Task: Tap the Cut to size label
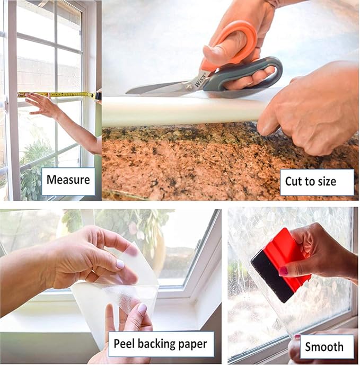click(x=311, y=182)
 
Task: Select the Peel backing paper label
click(x=161, y=344)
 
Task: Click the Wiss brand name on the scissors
click(x=200, y=80)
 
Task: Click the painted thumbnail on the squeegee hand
click(x=284, y=271)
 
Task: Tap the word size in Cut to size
click(x=326, y=182)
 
